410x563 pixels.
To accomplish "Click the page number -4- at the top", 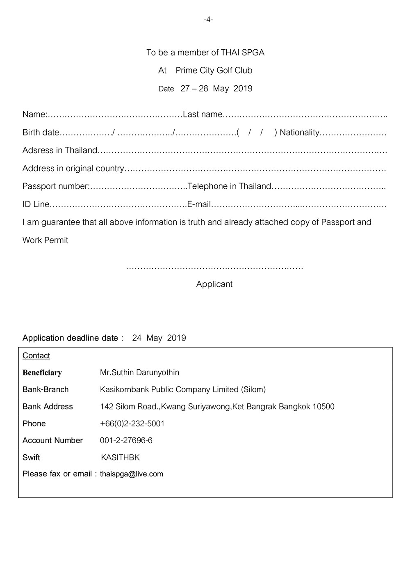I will point(208,20).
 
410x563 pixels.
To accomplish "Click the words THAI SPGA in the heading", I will point(242,53).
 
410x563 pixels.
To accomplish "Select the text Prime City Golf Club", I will point(214,71).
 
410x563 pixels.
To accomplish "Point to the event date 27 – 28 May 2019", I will point(216,89).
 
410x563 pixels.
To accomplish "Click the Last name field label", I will point(203,114).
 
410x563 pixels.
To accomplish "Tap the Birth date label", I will point(41,133).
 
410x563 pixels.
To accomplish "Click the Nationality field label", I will point(299,133).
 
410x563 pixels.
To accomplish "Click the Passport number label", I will point(56,186).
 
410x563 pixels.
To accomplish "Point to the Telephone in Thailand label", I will point(229,186).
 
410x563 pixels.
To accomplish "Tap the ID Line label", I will point(36,204).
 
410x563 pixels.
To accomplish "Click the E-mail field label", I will point(199,204).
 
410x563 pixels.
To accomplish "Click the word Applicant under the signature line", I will point(214,284).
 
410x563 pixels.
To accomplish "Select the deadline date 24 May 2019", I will point(159,338).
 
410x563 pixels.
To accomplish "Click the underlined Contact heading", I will point(36,356).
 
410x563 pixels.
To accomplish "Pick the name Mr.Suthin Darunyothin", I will point(139,373).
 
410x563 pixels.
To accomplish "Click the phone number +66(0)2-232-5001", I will point(132,423).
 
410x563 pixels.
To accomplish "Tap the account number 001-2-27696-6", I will point(126,440).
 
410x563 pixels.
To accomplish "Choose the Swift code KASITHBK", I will point(120,458).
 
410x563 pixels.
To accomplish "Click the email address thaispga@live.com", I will point(131,474).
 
